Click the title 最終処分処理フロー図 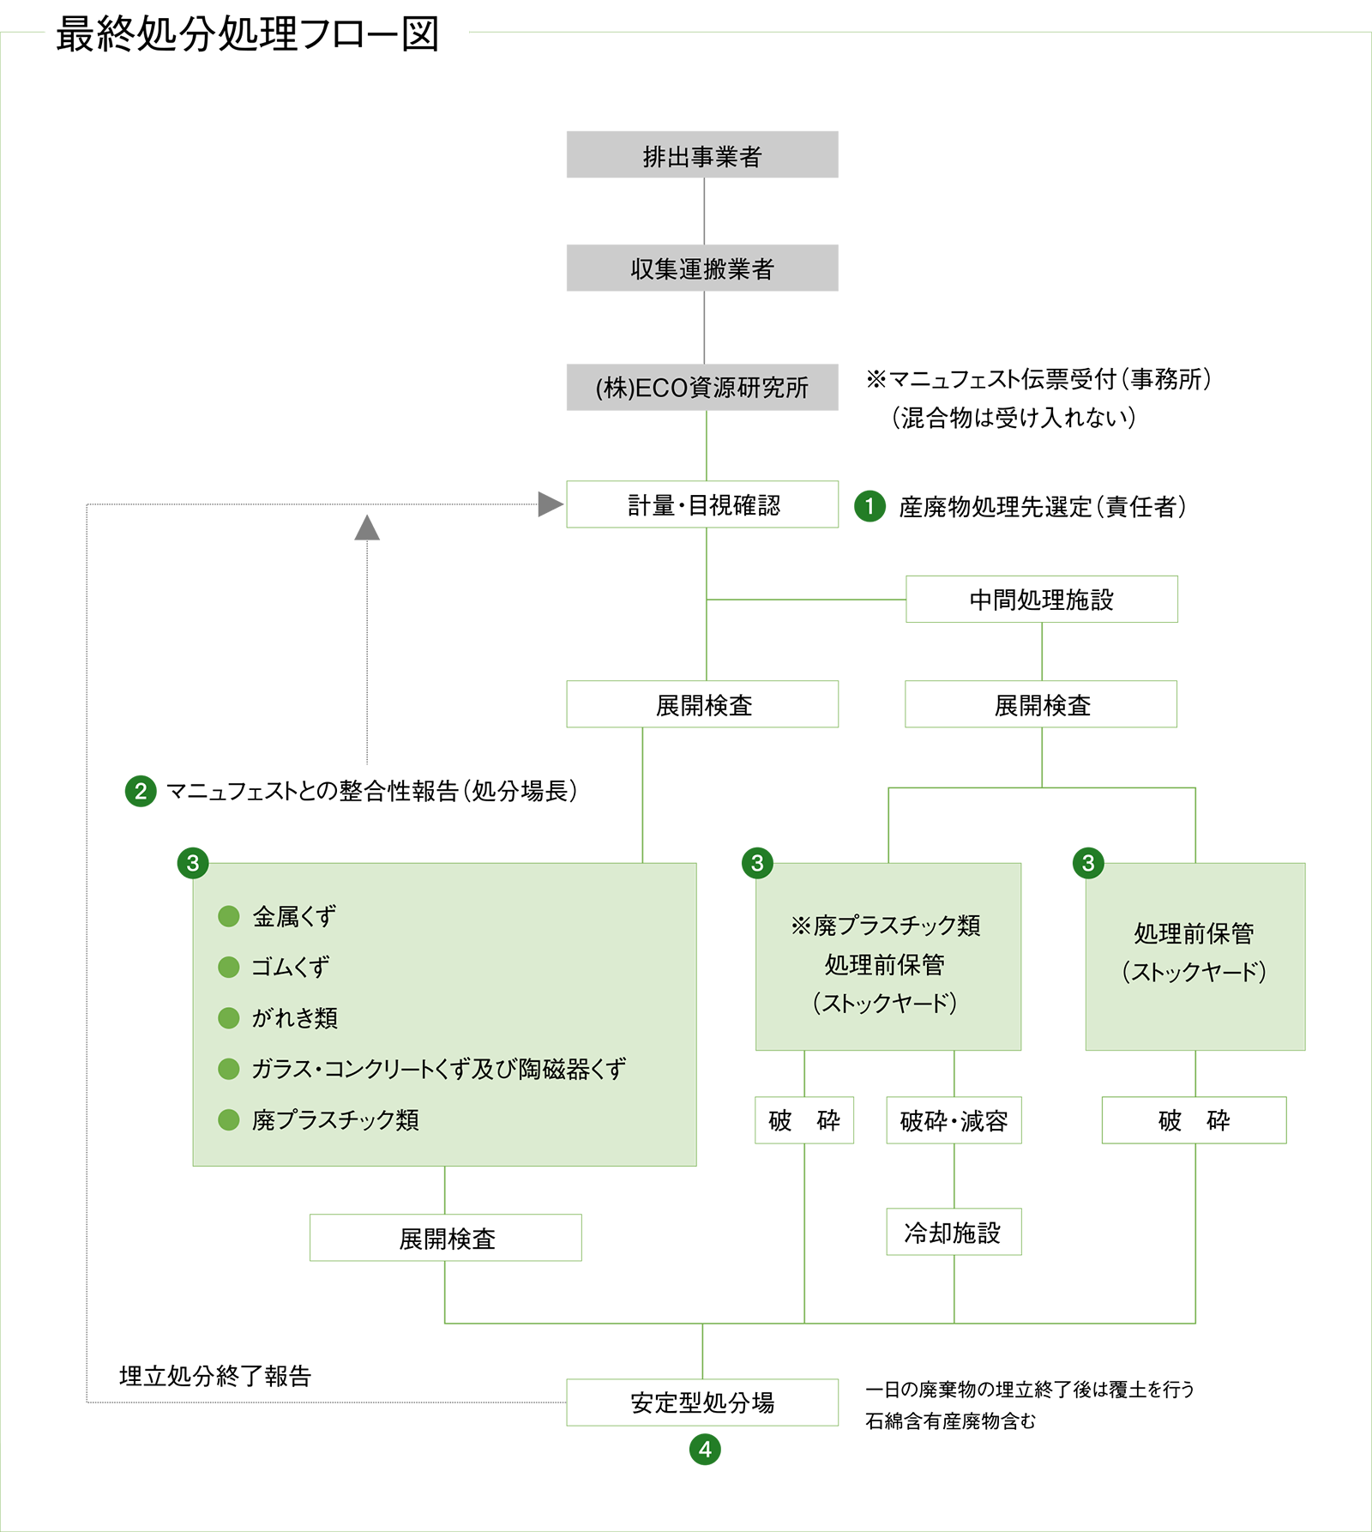(247, 35)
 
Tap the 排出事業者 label (702, 157)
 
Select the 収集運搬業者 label (702, 269)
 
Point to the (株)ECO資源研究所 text (702, 388)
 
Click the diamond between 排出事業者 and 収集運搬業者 (704, 211)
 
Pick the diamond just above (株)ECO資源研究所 (704, 328)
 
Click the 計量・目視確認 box (702, 504)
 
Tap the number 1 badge (870, 506)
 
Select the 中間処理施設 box (1041, 599)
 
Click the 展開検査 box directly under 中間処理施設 (1041, 704)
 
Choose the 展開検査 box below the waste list (445, 1238)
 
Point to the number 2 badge (141, 791)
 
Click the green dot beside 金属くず (228, 916)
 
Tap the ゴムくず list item (291, 968)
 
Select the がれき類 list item (295, 1018)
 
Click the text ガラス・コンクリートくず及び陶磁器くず (438, 1069)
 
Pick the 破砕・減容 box (954, 1120)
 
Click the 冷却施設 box (954, 1233)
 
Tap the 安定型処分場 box (702, 1402)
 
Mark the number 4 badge (705, 1450)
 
